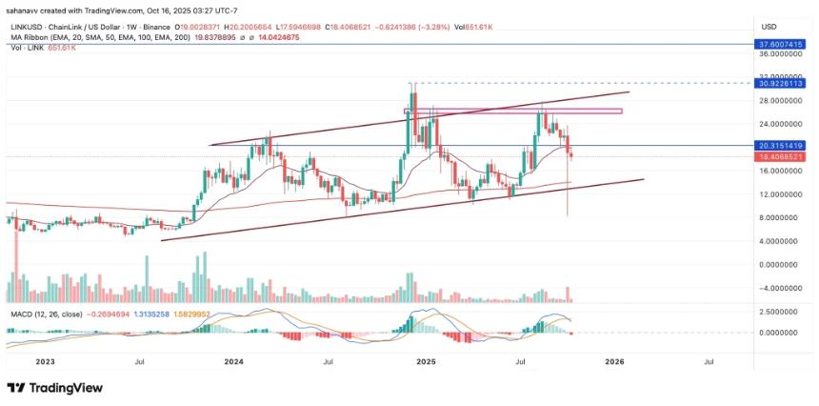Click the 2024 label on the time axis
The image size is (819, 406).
pos(233,362)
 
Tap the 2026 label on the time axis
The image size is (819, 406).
pos(615,362)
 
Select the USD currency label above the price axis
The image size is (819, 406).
pos(769,26)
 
